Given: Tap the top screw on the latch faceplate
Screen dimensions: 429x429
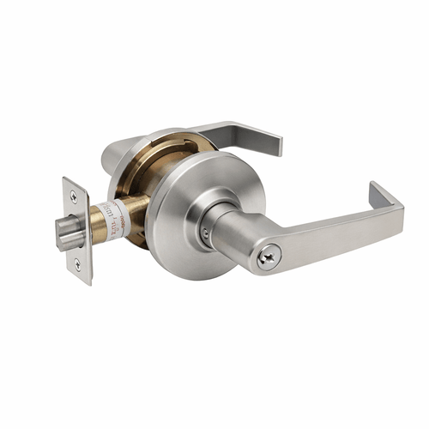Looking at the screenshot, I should pos(73,197).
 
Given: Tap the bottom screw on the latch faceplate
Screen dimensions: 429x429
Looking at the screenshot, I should pos(76,264).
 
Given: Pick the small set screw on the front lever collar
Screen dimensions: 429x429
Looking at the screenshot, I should pos(204,233).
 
